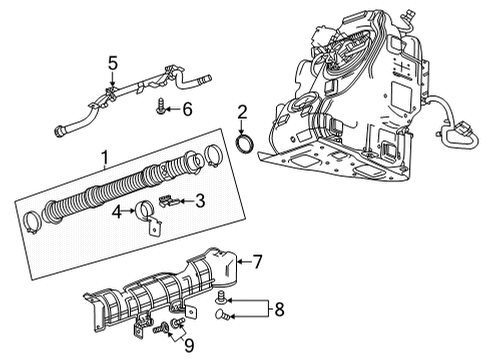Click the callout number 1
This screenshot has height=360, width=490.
click(103, 157)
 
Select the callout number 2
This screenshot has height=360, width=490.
click(241, 111)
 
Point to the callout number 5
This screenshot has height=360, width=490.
click(112, 62)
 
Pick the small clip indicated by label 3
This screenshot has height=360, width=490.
click(172, 201)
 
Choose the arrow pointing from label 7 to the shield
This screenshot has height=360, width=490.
click(240, 262)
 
